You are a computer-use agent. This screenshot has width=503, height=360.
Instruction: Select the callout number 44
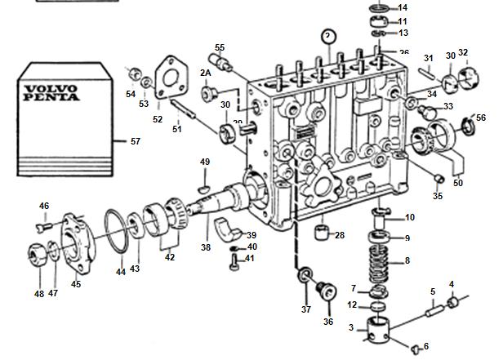(x=121, y=271)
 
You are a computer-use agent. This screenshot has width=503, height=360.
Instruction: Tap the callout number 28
(x=340, y=235)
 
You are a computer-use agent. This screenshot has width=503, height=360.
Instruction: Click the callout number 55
(x=219, y=47)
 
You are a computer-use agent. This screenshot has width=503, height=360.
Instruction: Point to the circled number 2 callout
(x=328, y=36)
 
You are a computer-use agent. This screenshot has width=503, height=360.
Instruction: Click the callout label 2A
(x=207, y=73)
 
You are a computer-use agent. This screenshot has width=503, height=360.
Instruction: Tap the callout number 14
(x=403, y=7)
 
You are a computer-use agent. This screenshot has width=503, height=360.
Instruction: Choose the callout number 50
(x=457, y=184)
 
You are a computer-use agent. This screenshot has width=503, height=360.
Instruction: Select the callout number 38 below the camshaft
(x=206, y=247)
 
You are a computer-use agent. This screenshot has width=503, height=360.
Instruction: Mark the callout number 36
(x=328, y=321)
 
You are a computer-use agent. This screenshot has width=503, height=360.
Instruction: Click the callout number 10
(x=410, y=217)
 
